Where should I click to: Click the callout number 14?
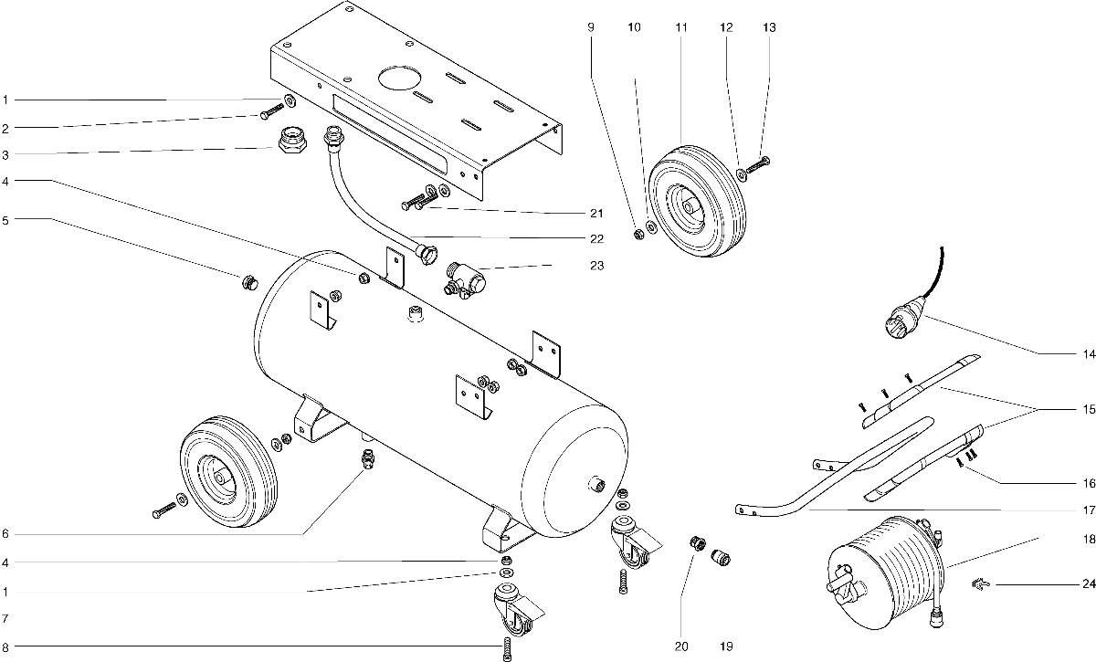click(x=1089, y=353)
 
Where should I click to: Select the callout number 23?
click(x=597, y=266)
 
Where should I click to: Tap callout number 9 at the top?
click(x=591, y=27)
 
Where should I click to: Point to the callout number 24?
click(x=1089, y=583)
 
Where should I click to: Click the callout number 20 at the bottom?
click(x=681, y=646)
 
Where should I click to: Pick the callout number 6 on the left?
click(x=5, y=534)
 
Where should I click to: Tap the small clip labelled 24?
click(x=978, y=583)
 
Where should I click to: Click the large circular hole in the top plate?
click(x=400, y=78)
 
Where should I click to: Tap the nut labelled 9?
click(x=638, y=235)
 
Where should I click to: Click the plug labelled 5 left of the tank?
click(x=249, y=283)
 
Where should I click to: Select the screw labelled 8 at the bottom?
click(x=507, y=650)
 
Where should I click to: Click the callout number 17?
click(x=1089, y=510)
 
